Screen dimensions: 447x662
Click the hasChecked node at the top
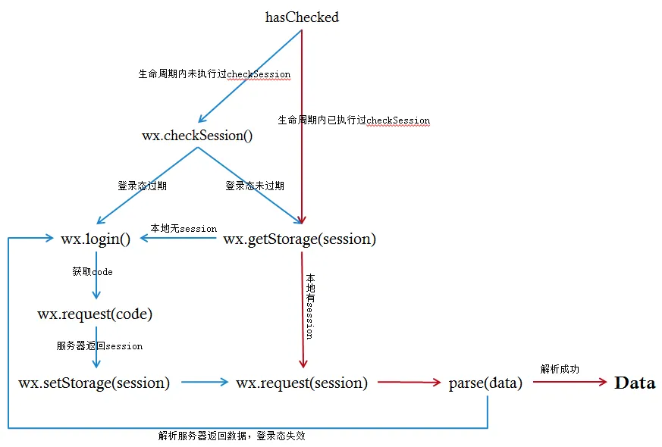click(302, 17)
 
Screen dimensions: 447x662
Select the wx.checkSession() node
click(197, 136)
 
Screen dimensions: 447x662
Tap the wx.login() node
click(96, 239)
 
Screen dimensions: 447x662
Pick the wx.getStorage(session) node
click(300, 239)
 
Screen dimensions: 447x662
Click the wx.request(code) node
click(95, 314)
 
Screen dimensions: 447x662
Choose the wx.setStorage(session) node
click(94, 383)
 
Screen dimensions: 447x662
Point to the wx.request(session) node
click(302, 383)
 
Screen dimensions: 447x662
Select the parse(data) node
click(485, 383)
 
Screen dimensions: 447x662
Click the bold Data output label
click(635, 383)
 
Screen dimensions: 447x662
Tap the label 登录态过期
click(142, 186)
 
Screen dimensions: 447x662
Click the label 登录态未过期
click(255, 186)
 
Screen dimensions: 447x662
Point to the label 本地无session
click(184, 228)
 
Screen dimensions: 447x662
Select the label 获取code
click(93, 271)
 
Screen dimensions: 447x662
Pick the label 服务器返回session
click(99, 345)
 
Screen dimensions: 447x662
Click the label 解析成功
click(560, 369)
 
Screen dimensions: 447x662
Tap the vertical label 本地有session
click(309, 306)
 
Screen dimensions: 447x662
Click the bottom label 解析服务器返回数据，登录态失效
click(232, 436)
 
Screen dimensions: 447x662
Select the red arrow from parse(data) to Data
click(569, 383)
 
